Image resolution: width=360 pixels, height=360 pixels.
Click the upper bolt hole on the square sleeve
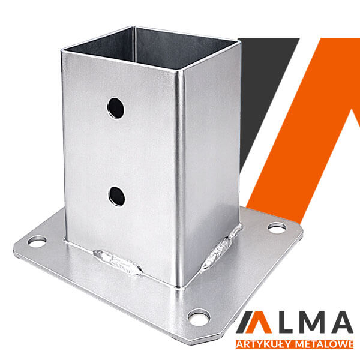(115, 108)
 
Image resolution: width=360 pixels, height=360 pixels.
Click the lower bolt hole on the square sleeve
(116, 196)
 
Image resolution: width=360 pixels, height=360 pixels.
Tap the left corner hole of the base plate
(37, 242)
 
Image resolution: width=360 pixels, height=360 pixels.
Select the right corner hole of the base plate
(277, 228)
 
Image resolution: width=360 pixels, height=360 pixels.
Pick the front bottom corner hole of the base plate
(199, 317)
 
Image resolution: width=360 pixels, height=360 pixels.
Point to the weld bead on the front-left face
(117, 262)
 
